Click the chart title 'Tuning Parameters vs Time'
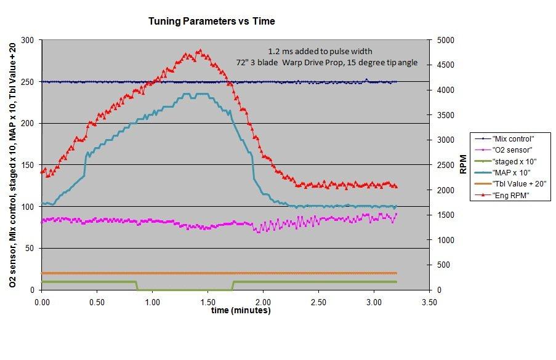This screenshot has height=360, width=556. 211,21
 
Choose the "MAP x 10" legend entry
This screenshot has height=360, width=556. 510,173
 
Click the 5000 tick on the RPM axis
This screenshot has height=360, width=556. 445,40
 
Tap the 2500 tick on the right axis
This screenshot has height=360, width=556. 445,165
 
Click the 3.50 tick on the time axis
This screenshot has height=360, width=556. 429,303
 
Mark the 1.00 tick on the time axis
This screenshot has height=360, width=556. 152,303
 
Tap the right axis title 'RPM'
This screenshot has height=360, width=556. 463,165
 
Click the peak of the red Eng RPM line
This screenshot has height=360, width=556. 199,51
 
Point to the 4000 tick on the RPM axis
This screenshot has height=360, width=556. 445,90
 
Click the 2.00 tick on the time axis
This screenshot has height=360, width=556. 263,303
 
